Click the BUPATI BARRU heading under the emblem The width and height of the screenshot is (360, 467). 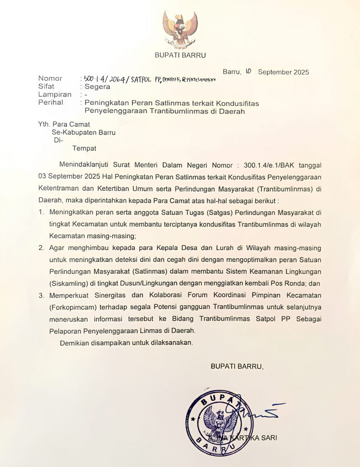[x=180, y=56]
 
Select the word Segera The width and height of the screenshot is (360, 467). [x=97, y=86]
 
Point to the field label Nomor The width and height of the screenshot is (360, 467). [x=50, y=78]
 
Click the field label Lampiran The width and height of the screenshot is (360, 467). [x=55, y=94]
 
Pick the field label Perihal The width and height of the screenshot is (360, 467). [x=51, y=103]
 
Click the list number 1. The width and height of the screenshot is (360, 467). [x=41, y=212]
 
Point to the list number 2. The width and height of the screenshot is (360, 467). [x=41, y=248]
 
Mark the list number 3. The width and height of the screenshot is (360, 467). [x=41, y=295]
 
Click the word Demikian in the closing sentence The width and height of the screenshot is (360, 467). [x=74, y=342]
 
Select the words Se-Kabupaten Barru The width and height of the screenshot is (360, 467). [x=83, y=132]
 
